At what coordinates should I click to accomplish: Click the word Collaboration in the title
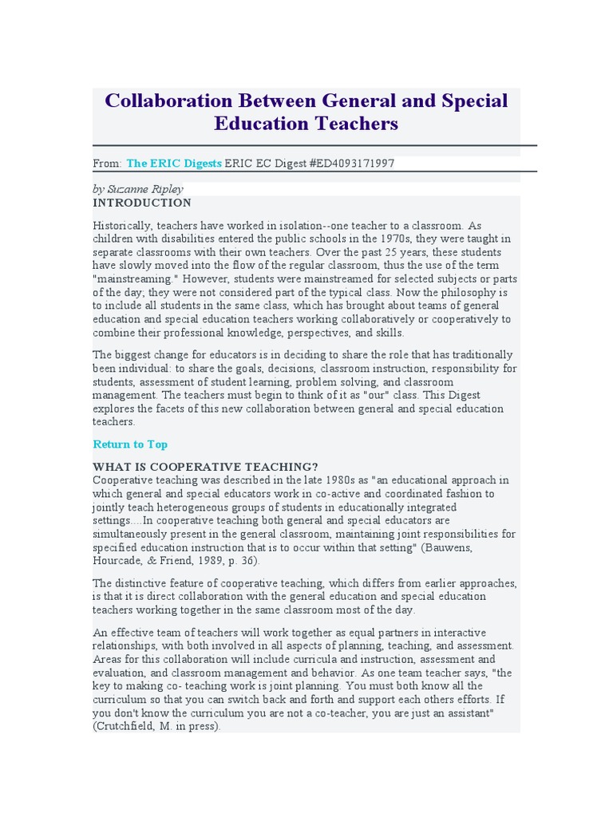coord(157,101)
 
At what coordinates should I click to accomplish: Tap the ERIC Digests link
coord(174,163)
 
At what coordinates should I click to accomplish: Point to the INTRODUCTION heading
coord(142,203)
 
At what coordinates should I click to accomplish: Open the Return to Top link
coord(130,444)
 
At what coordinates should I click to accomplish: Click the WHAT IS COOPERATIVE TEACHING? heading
coord(205,467)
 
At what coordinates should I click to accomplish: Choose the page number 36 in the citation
coord(250,561)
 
